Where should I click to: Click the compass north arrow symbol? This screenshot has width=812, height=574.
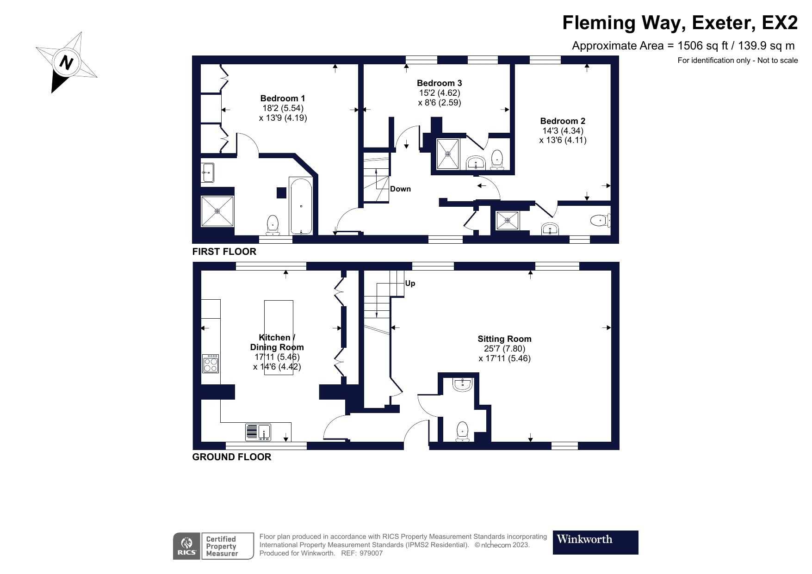(66, 62)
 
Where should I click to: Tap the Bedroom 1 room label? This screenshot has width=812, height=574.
(283, 98)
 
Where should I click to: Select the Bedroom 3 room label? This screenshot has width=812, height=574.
(439, 83)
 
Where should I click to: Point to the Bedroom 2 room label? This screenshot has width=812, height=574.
(563, 121)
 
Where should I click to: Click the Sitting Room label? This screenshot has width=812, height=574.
(504, 339)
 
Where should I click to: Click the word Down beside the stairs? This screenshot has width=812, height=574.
(400, 189)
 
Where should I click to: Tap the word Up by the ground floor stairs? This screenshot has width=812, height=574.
(410, 284)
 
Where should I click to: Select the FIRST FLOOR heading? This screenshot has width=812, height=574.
(224, 252)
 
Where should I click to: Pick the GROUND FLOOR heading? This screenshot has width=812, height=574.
(232, 457)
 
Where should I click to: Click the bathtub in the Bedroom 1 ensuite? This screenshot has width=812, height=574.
(301, 205)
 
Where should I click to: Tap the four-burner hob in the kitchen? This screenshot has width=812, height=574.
(211, 364)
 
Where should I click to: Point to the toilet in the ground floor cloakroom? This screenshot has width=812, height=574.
(463, 432)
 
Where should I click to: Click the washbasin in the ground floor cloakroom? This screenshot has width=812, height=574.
(463, 384)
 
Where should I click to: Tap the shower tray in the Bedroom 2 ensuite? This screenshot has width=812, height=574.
(508, 221)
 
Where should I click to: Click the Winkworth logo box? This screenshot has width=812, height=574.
(595, 542)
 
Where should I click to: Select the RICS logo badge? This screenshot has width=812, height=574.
(187, 546)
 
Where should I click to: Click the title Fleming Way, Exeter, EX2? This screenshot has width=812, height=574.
(680, 23)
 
